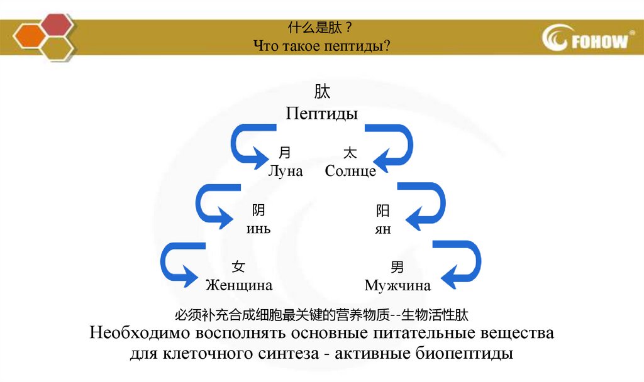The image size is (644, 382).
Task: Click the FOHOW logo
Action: pyautogui.click(x=586, y=39)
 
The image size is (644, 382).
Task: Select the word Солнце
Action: pyautogui.click(x=351, y=171)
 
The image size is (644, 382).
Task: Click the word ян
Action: pyautogui.click(x=382, y=229)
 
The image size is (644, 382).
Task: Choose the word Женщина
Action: pyautogui.click(x=239, y=285)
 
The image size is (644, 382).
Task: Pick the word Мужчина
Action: pyautogui.click(x=397, y=286)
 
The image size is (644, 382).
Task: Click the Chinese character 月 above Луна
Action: pyautogui.click(x=285, y=153)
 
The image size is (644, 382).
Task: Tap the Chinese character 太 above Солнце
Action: pyautogui.click(x=350, y=153)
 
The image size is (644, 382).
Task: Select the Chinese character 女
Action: pyautogui.click(x=238, y=267)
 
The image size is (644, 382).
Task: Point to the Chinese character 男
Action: pyautogui.click(x=397, y=268)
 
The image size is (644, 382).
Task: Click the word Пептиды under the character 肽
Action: pyautogui.click(x=322, y=114)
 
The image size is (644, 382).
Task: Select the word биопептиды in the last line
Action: pyautogui.click(x=465, y=352)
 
